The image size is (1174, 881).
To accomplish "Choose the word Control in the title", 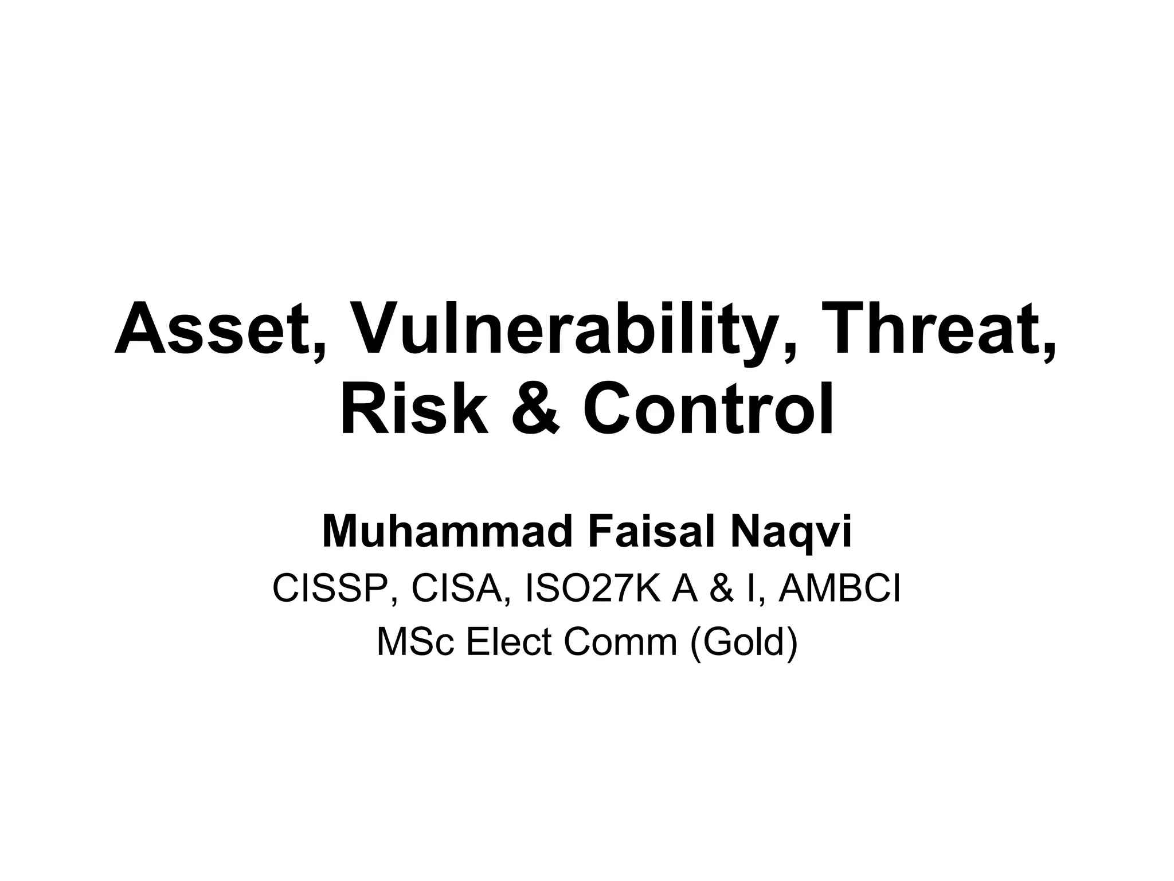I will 708,409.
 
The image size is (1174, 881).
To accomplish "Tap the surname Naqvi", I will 791,532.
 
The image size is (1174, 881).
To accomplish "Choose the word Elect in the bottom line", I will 509,642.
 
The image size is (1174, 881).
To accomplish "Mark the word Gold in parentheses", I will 743,642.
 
